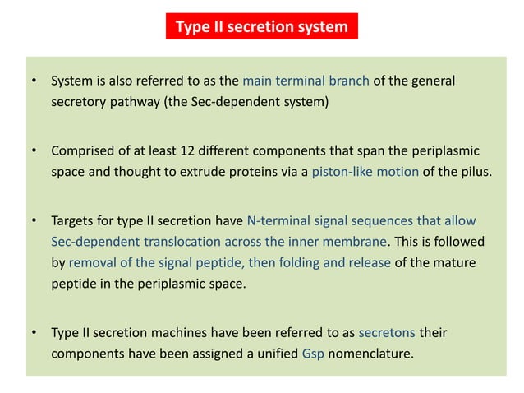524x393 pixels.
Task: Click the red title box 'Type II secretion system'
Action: [261, 27]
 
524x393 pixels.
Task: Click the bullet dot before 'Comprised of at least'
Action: [34, 152]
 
